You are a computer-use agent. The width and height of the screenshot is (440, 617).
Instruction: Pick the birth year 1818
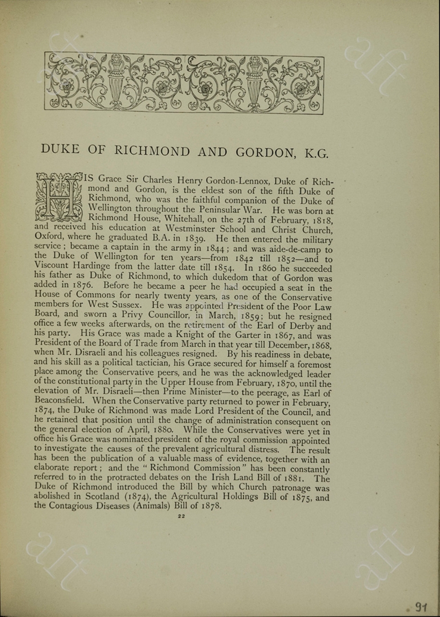(319, 221)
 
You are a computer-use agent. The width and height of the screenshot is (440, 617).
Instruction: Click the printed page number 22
(181, 516)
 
